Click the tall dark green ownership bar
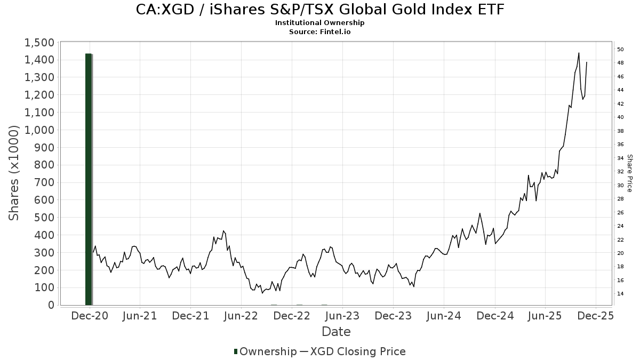[x=89, y=179]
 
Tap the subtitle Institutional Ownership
[x=320, y=23]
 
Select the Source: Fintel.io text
[x=320, y=31]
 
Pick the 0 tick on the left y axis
[x=51, y=305]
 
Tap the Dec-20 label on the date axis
[x=89, y=316]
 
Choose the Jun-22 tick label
[x=241, y=316]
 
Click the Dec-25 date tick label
[x=596, y=316]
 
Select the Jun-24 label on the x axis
[x=444, y=316]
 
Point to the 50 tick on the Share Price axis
[x=620, y=50]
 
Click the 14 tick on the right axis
[x=620, y=294]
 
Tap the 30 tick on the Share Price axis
[x=620, y=186]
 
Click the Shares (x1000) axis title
[x=14, y=173]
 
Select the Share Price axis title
[x=629, y=173]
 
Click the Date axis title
[x=336, y=332]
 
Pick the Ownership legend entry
[x=266, y=351]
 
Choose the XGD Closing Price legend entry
[x=357, y=351]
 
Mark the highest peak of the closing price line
[x=579, y=53]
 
